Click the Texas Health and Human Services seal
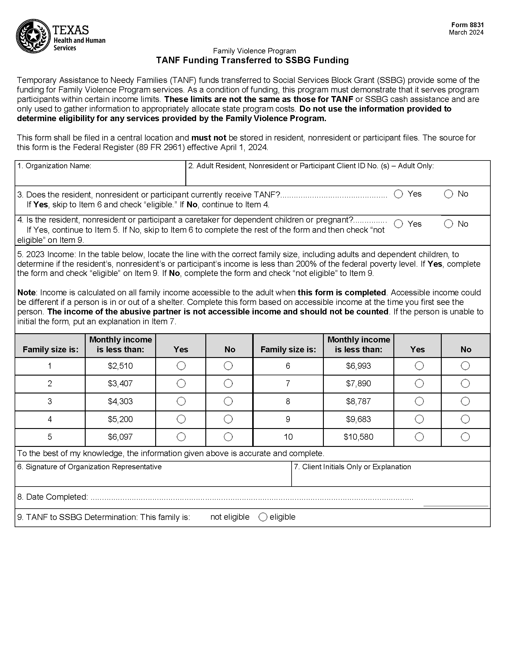(x=33, y=36)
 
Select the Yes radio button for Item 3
(x=398, y=194)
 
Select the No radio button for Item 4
(x=448, y=224)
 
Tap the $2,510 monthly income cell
(x=120, y=366)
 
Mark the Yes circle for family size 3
(x=181, y=401)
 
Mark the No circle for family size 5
(x=228, y=437)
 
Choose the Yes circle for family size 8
(x=419, y=401)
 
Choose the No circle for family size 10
(x=465, y=437)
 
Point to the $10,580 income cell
(x=358, y=437)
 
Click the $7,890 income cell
(x=358, y=384)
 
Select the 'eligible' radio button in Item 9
(x=263, y=517)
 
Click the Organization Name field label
(x=54, y=166)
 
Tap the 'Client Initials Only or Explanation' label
(x=352, y=467)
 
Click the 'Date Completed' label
(x=53, y=497)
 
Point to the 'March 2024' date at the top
(x=466, y=32)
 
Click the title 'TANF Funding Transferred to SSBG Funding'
(x=252, y=60)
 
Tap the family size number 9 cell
(x=288, y=419)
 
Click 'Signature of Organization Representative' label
(x=90, y=467)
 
